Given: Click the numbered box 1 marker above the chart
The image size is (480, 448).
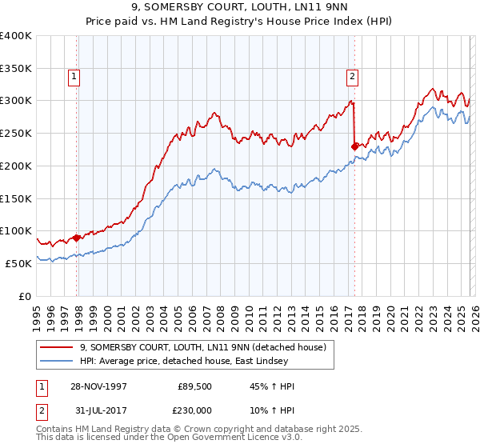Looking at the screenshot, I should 74,77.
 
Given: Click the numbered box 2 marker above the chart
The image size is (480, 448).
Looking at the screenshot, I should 352,77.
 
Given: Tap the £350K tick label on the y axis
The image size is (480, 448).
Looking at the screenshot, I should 16,69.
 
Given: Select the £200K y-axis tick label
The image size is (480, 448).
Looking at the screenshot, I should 16,166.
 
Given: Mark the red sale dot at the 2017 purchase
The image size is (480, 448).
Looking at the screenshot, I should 354,146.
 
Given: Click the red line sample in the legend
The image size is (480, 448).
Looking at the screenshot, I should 58,348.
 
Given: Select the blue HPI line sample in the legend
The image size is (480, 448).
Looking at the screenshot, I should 58,362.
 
